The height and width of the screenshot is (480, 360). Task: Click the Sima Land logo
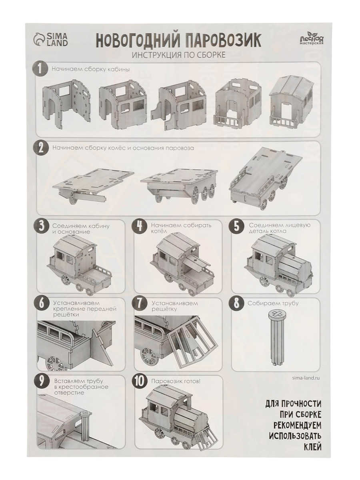pyautogui.click(x=51, y=39)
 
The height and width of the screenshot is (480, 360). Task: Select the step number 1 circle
pyautogui.click(x=40, y=69)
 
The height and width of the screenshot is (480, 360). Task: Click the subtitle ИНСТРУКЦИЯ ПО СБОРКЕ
pyautogui.click(x=178, y=55)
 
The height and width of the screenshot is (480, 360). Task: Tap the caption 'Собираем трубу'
pyautogui.click(x=273, y=304)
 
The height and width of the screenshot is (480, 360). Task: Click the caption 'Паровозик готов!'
pyautogui.click(x=176, y=382)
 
